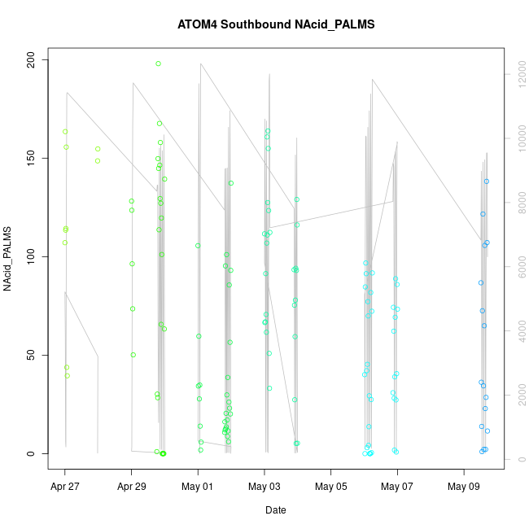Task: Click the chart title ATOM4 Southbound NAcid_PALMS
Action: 276,24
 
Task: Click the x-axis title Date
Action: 275,510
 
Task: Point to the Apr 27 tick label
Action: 65,488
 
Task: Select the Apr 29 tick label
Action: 131,488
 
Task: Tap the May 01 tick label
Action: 198,488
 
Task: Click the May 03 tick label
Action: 264,488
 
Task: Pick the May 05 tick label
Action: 330,488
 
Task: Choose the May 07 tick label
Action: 397,488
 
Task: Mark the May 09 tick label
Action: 464,488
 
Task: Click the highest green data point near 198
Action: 158,63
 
